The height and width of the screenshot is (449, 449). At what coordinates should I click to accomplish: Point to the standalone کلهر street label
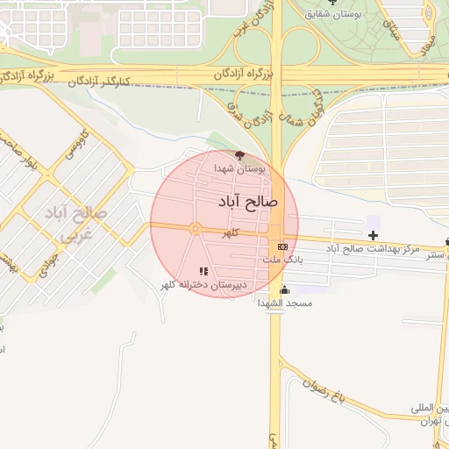pyautogui.click(x=231, y=234)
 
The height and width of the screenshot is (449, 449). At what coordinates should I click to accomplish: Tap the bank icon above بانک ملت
pyautogui.click(x=282, y=246)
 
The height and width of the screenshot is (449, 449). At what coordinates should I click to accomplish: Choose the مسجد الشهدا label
pyautogui.click(x=284, y=303)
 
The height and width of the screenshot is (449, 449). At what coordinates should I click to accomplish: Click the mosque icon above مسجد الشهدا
pyautogui.click(x=283, y=289)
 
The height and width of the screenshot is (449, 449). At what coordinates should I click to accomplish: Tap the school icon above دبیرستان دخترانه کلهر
pyautogui.click(x=203, y=271)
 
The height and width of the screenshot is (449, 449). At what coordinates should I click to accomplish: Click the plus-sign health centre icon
pyautogui.click(x=374, y=235)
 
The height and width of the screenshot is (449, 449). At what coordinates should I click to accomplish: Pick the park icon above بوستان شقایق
pyautogui.click(x=331, y=3)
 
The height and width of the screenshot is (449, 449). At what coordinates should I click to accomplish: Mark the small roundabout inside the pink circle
pyautogui.click(x=195, y=229)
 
